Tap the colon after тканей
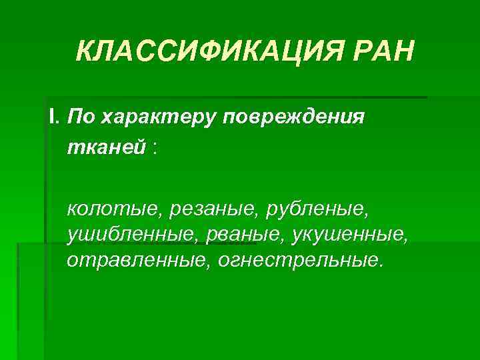155,148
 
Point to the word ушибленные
127,234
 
